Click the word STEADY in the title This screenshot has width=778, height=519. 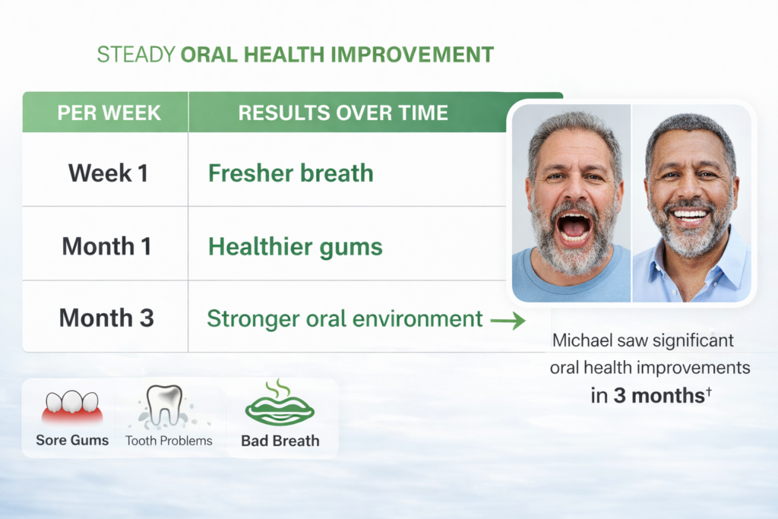[136, 55]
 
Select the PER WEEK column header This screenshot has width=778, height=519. [109, 112]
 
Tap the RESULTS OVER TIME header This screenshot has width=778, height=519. [343, 112]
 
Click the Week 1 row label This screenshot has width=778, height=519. [108, 173]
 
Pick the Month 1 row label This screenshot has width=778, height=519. [106, 246]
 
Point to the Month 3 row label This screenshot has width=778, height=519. [106, 318]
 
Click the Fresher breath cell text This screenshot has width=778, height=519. [291, 173]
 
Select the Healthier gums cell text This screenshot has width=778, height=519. [296, 247]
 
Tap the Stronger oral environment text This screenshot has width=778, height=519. [345, 318]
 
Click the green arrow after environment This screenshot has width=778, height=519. [508, 321]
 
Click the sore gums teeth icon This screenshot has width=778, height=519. [72, 407]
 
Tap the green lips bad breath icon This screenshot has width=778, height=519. [280, 404]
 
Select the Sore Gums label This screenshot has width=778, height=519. [72, 440]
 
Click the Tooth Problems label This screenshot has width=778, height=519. [169, 441]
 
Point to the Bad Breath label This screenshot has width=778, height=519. [280, 441]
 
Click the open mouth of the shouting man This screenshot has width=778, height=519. [574, 227]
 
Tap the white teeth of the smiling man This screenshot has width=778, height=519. [690, 215]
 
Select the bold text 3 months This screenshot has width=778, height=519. [659, 395]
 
